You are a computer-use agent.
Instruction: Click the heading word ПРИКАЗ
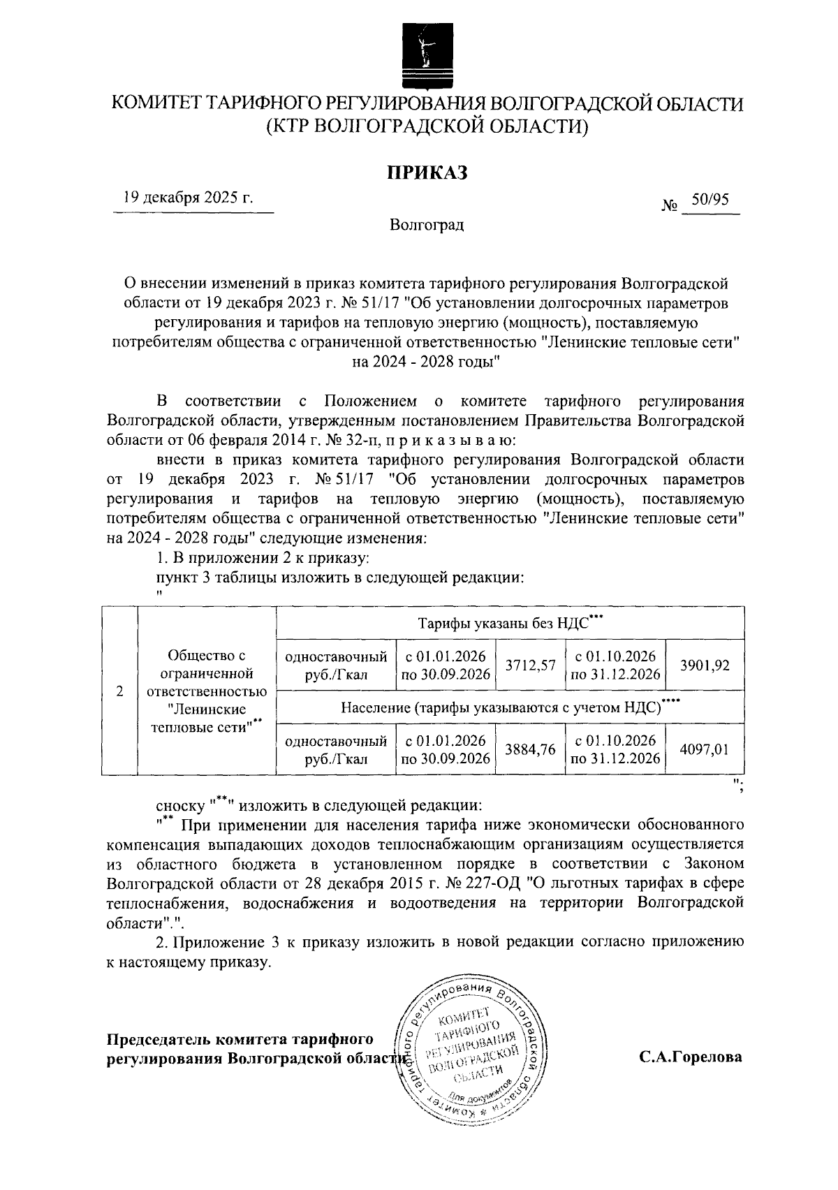[x=427, y=172]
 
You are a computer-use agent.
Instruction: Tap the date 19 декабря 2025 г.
[x=188, y=197]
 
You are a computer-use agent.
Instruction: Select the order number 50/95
[x=709, y=200]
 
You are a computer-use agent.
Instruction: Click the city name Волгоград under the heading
[x=427, y=226]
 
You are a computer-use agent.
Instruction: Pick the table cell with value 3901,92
[x=705, y=666]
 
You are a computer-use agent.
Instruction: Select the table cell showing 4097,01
[x=705, y=749]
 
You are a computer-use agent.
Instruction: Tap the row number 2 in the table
[x=120, y=691]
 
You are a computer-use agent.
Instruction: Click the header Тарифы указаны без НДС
[x=510, y=623]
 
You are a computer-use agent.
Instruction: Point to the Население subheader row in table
[x=510, y=707]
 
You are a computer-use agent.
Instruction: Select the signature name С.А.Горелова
[x=691, y=1057]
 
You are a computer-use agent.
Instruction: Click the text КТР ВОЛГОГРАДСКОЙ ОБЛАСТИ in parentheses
[x=427, y=126]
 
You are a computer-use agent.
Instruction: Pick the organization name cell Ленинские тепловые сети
[x=207, y=691]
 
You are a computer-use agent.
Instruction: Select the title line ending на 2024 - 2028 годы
[x=427, y=361]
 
